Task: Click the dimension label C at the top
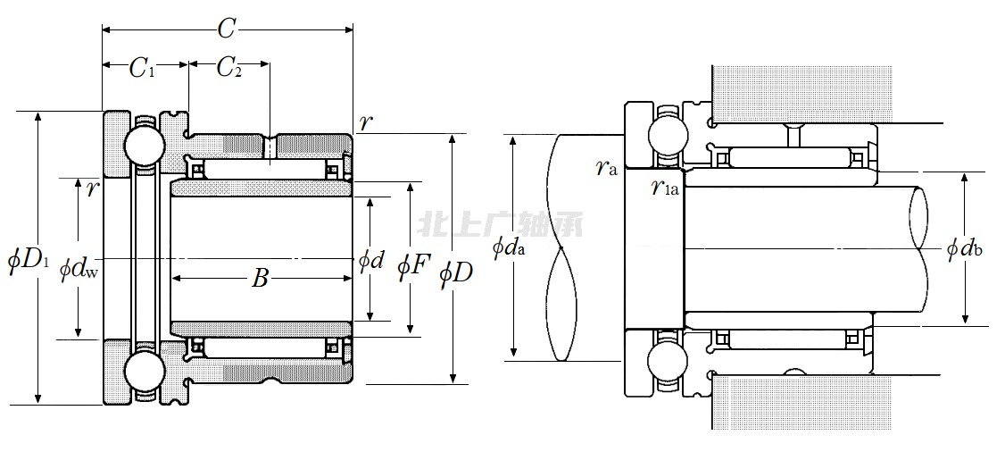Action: [x=227, y=29]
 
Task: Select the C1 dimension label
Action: [x=142, y=69]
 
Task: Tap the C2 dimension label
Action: [x=229, y=69]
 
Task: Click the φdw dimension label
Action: [x=79, y=269]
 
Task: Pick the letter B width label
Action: [x=259, y=279]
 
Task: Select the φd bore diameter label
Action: [x=370, y=262]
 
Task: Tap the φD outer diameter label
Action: [x=456, y=272]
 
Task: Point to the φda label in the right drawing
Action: [x=508, y=248]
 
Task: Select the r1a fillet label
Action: [x=665, y=188]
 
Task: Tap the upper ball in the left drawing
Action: [x=143, y=145]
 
